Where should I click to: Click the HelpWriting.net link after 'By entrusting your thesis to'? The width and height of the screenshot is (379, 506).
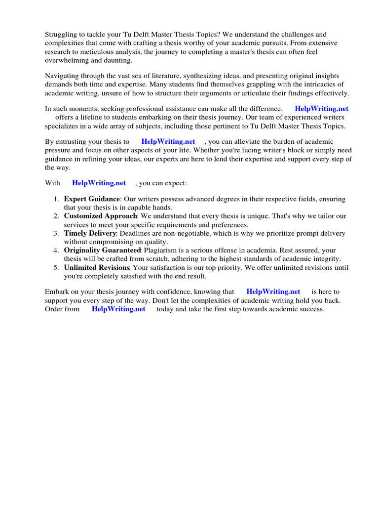pos(168,141)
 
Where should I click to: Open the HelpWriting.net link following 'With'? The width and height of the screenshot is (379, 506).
pos(99,183)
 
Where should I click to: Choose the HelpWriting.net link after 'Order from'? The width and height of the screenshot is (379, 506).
pos(118,309)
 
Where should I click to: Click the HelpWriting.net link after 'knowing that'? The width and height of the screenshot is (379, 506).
pos(273,292)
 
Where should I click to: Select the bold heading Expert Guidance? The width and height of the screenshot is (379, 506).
pos(92,199)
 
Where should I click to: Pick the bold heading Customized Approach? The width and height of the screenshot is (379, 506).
pos(100,216)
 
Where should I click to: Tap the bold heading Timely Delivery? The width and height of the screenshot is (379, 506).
pos(90,233)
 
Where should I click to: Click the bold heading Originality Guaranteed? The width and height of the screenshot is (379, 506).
pos(103,250)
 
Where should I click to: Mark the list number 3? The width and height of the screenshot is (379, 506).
pos(56,233)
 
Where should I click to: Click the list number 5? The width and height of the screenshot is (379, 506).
pos(56,267)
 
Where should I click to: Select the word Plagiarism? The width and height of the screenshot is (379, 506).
pos(160,250)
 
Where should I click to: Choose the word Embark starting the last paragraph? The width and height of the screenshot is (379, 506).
pos(57,292)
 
